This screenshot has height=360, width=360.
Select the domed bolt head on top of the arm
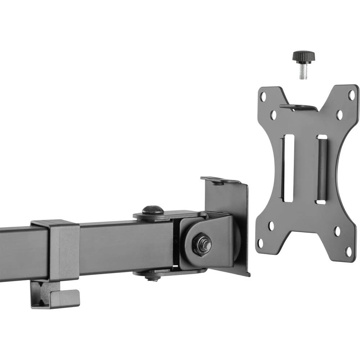click(153, 210)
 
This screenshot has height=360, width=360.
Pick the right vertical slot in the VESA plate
click(321, 169)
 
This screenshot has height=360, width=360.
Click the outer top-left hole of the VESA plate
click(263, 97)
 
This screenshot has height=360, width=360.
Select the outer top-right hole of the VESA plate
click(351, 95)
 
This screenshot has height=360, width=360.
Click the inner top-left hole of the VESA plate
click(273, 116)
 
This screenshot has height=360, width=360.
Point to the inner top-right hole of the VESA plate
click(339, 115)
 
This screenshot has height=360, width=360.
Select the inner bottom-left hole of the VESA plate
click(271, 226)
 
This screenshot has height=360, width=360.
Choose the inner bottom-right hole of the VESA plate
click(337, 231)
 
